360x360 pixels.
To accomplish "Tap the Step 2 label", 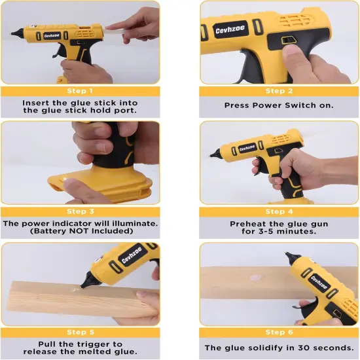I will pos(279,91).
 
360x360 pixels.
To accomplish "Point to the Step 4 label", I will pos(279,211).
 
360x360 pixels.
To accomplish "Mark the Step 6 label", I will pos(279,333).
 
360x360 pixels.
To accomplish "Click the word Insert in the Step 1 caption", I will pos(36,103).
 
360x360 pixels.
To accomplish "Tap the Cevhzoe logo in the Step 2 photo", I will pos(230,30).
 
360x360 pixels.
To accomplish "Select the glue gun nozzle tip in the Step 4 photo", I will pos(212,156).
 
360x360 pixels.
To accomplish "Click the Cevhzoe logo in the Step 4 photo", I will pos(247,148).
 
